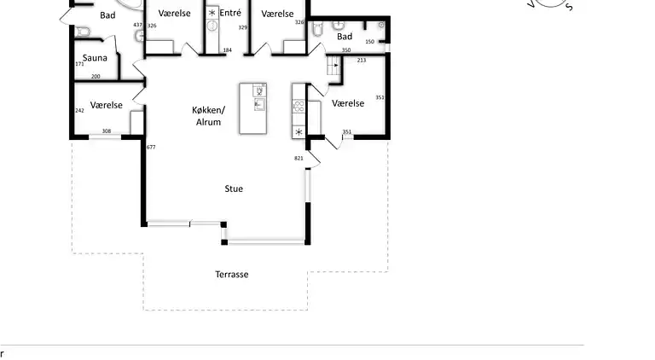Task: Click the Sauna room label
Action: pyautogui.click(x=95, y=58)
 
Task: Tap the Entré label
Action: pyautogui.click(x=230, y=13)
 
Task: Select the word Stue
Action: pyautogui.click(x=234, y=189)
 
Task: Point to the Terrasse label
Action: pyautogui.click(x=232, y=275)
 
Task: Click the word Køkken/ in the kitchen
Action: pyautogui.click(x=208, y=110)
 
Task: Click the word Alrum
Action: pyautogui.click(x=208, y=122)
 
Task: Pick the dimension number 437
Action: pyautogui.click(x=138, y=25)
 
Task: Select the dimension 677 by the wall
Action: pyautogui.click(x=151, y=147)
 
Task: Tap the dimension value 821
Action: pyautogui.click(x=299, y=158)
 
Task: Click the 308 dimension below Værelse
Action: pyautogui.click(x=107, y=131)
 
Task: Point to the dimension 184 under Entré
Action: pyautogui.click(x=227, y=50)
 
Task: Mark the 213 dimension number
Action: pyautogui.click(x=362, y=60)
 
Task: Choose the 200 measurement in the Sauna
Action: pyautogui.click(x=96, y=77)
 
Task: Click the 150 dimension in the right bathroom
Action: pyautogui.click(x=369, y=42)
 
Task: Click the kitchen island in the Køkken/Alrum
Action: pyautogui.click(x=253, y=108)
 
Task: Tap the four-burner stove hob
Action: pyautogui.click(x=299, y=106)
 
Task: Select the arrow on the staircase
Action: pyautogui.click(x=336, y=65)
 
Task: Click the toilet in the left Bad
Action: pyautogui.click(x=83, y=32)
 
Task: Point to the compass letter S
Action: pyautogui.click(x=569, y=7)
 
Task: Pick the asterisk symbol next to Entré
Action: pyautogui.click(x=212, y=13)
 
